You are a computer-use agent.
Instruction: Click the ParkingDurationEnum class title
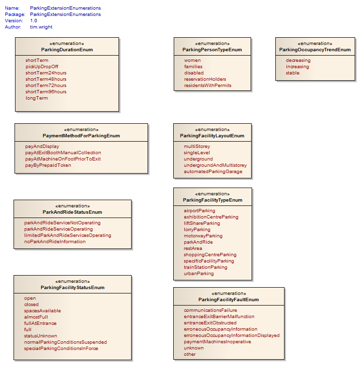click(x=67, y=50)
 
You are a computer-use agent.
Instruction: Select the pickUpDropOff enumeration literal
click(x=42, y=67)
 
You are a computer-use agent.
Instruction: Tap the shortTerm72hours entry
click(x=46, y=86)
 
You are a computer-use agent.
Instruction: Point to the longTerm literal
click(x=37, y=98)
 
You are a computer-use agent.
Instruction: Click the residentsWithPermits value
click(x=208, y=86)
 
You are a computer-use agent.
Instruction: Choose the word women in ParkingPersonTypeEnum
click(x=192, y=60)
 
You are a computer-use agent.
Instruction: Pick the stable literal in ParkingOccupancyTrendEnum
click(x=293, y=73)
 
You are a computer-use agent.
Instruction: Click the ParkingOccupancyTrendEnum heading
click(x=315, y=50)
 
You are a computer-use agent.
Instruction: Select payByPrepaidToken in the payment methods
click(x=48, y=165)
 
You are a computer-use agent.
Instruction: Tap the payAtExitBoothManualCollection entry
click(x=63, y=153)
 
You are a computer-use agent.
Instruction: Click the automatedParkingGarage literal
click(x=213, y=172)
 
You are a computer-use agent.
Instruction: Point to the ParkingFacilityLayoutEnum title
click(x=212, y=136)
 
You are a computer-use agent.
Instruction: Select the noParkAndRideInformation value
click(x=55, y=242)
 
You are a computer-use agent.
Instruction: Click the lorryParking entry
click(x=197, y=230)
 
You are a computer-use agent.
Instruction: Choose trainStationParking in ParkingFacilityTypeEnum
click(x=206, y=267)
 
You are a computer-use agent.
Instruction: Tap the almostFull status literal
click(x=36, y=317)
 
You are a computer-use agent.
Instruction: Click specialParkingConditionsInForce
click(x=61, y=349)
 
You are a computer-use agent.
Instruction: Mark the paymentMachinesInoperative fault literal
click(x=217, y=342)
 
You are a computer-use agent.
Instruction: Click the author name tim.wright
click(x=41, y=27)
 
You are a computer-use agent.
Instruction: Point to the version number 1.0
click(x=33, y=21)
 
